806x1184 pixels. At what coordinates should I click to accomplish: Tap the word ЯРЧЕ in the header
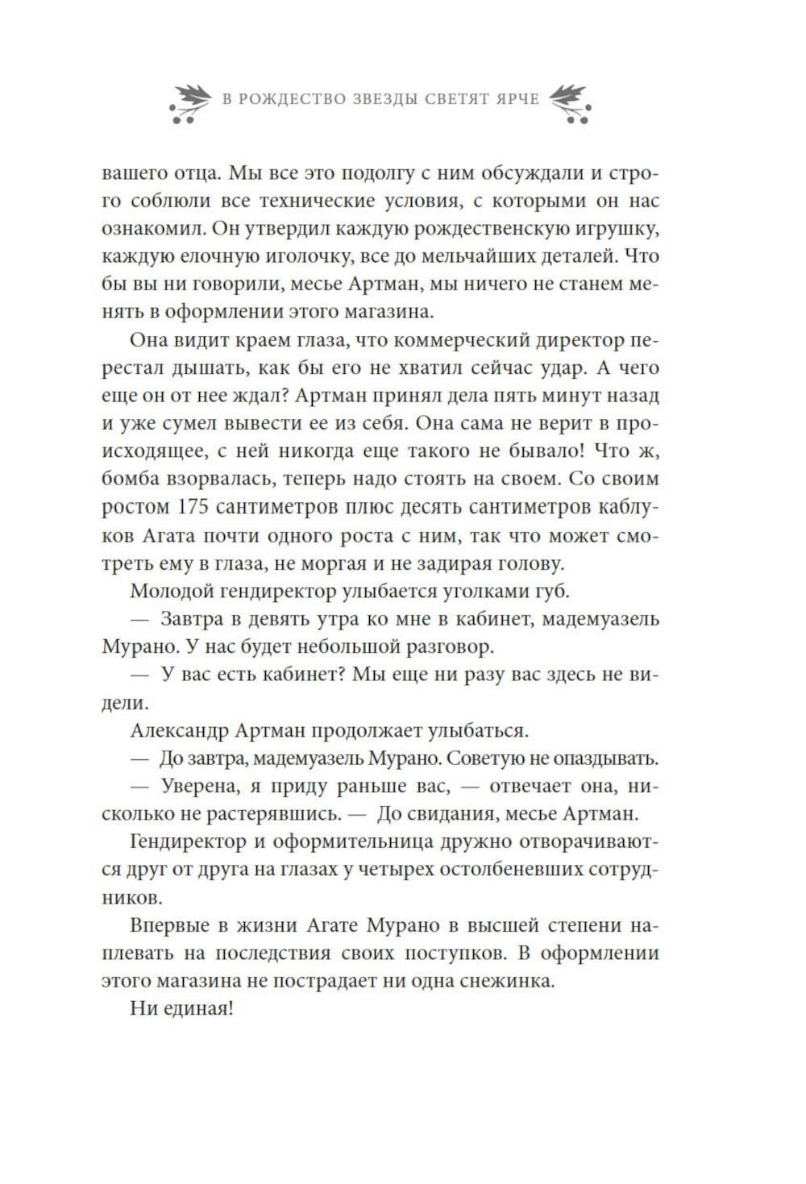point(512,100)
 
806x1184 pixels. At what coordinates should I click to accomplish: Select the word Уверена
point(198,786)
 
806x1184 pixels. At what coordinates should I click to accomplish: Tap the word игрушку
point(620,228)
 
